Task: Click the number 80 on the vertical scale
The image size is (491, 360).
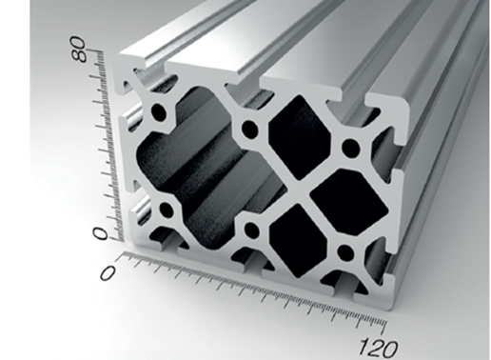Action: click(78, 50)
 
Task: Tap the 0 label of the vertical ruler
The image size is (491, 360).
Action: click(100, 233)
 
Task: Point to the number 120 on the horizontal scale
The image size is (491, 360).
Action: click(378, 347)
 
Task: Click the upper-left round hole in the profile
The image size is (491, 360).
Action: click(159, 112)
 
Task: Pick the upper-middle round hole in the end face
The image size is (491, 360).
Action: click(250, 128)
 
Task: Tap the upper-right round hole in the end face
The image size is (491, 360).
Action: click(351, 147)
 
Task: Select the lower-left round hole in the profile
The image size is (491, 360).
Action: click(167, 209)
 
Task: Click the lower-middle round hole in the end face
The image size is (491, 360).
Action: click(252, 229)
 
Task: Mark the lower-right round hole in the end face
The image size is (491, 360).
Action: click(345, 252)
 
